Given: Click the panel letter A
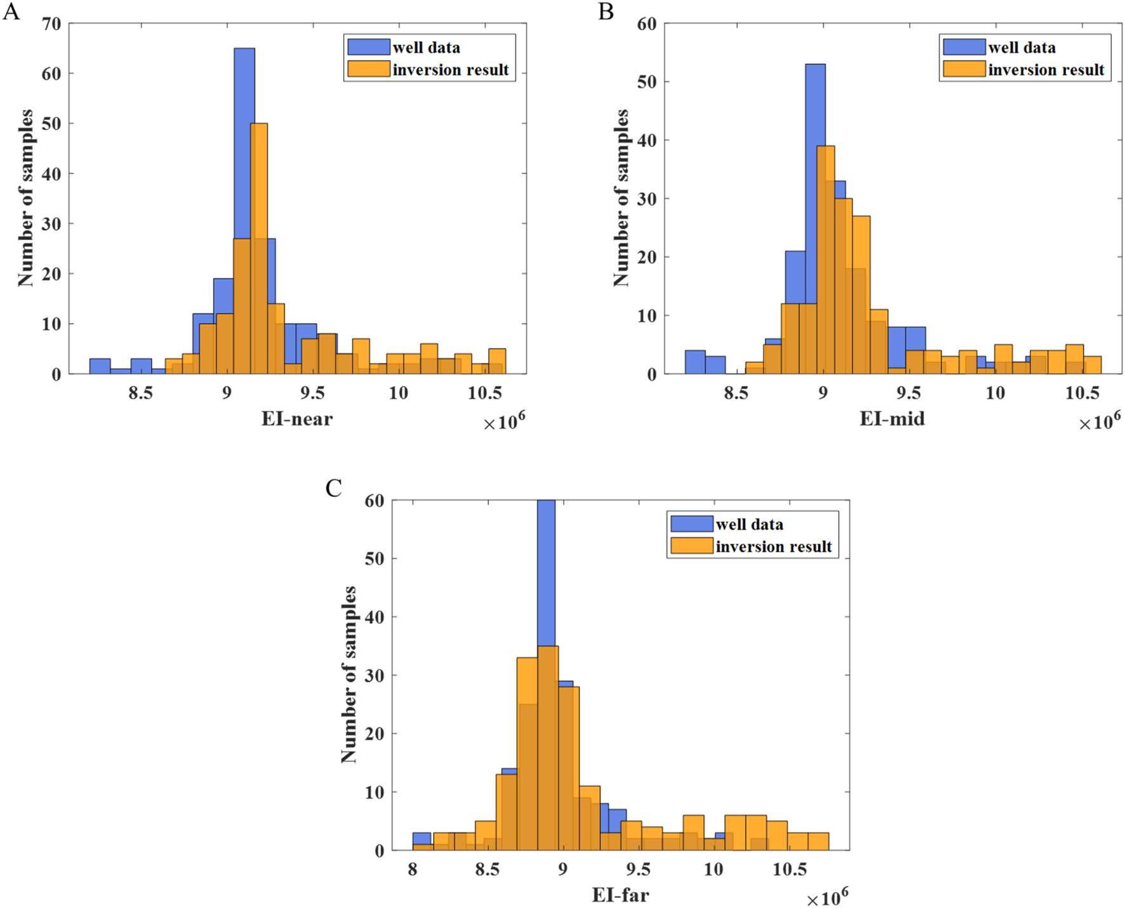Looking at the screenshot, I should click(11, 11).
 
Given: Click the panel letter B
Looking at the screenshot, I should click(606, 11).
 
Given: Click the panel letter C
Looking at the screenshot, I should click(333, 488).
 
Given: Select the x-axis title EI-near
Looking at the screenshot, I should click(296, 419).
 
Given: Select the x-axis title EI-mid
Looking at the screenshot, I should click(891, 419).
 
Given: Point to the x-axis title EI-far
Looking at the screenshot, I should click(620, 895).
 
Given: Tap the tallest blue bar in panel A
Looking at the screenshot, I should click(244, 190).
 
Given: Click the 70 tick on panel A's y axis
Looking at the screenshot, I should click(51, 24).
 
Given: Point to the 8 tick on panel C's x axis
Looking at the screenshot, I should click(413, 869).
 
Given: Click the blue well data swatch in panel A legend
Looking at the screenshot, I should click(368, 47).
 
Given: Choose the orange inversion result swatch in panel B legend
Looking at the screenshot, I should click(964, 69).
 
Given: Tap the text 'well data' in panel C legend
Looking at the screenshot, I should click(749, 525).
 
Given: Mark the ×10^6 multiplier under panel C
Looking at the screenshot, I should click(827, 898).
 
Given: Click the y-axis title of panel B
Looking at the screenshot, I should click(621, 197).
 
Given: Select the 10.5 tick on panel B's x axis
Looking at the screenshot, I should click(1082, 393).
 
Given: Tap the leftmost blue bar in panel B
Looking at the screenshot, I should click(695, 362).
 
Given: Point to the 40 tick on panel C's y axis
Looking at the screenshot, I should click(375, 617).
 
